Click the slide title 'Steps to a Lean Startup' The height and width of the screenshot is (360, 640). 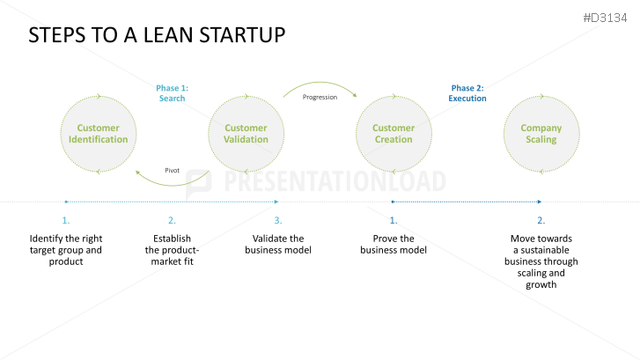(x=158, y=36)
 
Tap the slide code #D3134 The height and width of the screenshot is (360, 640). (x=609, y=18)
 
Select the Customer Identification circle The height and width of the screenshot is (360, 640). (x=98, y=134)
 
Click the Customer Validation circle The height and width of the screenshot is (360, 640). (x=246, y=134)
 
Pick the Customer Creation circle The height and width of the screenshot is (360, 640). (x=393, y=134)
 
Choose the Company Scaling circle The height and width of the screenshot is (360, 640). (x=541, y=134)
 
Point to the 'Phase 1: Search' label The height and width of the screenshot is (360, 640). (x=172, y=93)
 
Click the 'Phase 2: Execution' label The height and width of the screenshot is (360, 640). (x=467, y=93)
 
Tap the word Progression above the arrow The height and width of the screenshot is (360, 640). (x=320, y=97)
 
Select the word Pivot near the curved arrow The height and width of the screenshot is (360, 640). (x=173, y=170)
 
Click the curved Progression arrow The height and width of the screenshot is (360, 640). (x=320, y=84)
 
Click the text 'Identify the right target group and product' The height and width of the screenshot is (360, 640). (x=66, y=250)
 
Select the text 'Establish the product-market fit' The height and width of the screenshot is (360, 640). (x=172, y=250)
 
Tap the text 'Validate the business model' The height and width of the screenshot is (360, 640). (x=277, y=244)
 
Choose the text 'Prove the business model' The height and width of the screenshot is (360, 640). (x=393, y=244)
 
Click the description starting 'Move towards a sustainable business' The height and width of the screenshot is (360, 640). (x=541, y=261)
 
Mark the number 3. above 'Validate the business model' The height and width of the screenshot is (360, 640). (x=277, y=220)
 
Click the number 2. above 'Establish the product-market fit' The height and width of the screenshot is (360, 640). (x=172, y=220)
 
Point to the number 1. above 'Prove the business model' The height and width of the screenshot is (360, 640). (x=393, y=220)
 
